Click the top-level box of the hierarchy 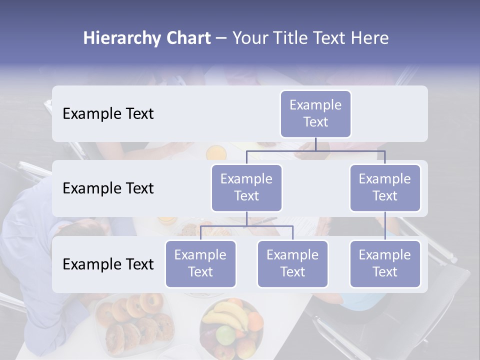[x=315, y=113]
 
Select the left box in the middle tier [x=246, y=187]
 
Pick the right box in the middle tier [x=385, y=187]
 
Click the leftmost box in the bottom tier [x=200, y=263]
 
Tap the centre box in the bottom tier [x=292, y=263]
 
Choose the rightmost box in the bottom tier [x=385, y=263]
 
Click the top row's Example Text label [x=108, y=113]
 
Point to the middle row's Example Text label [x=108, y=188]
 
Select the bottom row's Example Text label [x=108, y=264]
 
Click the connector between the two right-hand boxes [x=385, y=226]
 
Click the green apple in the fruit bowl [x=224, y=332]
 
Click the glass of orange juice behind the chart [x=216, y=151]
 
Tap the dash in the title [x=221, y=38]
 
